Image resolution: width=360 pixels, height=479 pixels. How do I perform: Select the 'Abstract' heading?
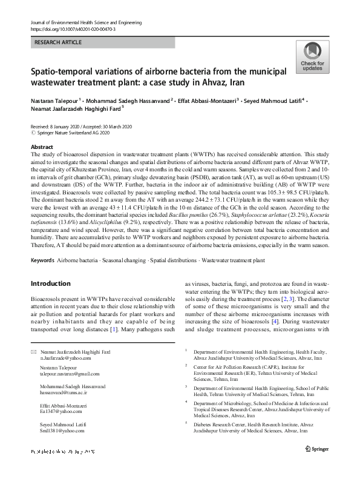[x=42, y=147]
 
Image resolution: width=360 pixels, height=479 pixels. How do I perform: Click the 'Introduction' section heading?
[x=50, y=283]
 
